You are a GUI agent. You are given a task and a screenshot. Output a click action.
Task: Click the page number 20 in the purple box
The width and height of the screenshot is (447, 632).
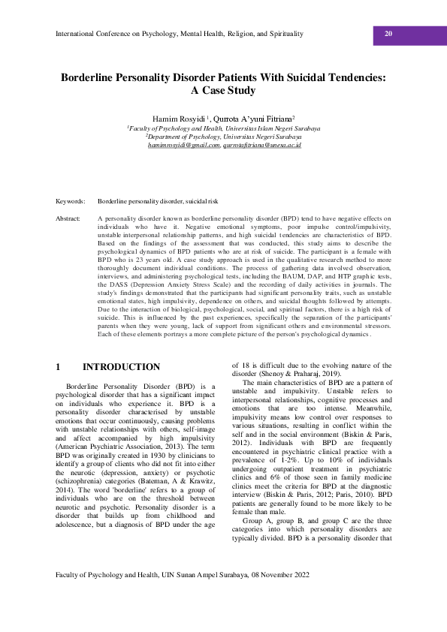point(388,34)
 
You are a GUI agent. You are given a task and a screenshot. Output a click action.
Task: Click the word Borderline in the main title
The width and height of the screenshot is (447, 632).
point(94,77)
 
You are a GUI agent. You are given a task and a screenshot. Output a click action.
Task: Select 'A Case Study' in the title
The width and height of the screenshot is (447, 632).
point(223,91)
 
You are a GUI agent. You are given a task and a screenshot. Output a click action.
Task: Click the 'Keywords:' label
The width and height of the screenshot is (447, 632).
point(71,202)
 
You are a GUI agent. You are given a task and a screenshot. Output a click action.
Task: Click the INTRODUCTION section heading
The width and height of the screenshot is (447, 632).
point(121,367)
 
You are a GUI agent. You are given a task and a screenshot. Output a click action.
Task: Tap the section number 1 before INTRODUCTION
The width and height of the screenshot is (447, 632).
point(59,367)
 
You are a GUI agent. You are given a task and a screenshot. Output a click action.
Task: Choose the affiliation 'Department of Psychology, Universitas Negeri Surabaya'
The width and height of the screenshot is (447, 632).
point(224,137)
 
